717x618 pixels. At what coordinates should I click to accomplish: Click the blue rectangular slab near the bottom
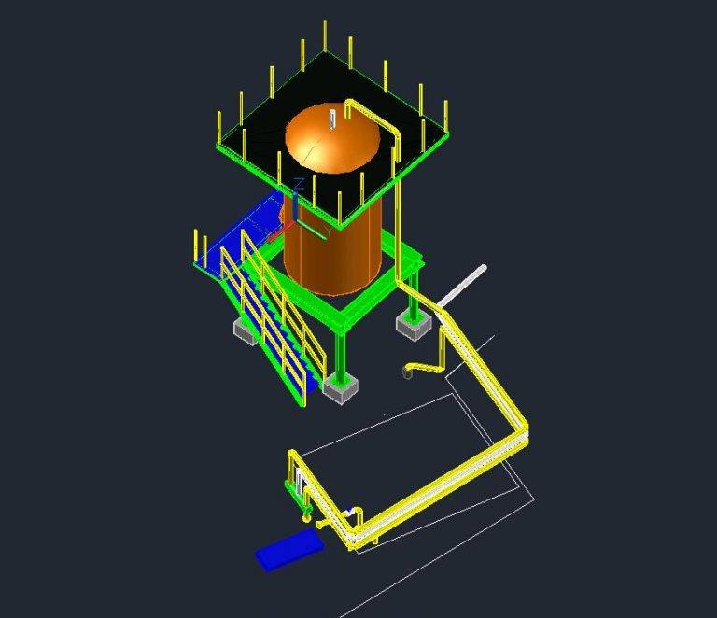pyautogui.click(x=289, y=548)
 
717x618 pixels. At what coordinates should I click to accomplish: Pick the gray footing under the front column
pyautogui.click(x=340, y=391)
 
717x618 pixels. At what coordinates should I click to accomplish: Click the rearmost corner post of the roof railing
pyautogui.click(x=325, y=35)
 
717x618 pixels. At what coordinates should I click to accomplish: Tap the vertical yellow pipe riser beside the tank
pyautogui.click(x=400, y=215)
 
